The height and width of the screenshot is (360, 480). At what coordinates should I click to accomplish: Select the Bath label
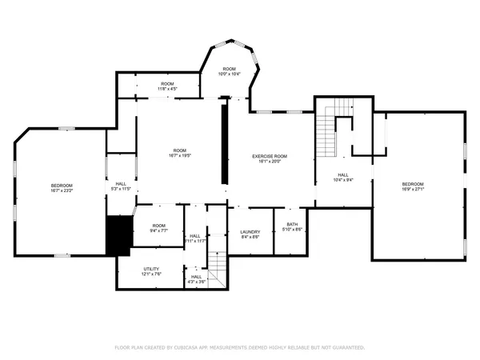(x=292, y=226)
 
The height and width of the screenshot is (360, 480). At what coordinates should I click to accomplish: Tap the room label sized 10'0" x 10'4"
(x=230, y=71)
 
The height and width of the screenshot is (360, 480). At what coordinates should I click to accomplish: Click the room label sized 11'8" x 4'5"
(x=167, y=86)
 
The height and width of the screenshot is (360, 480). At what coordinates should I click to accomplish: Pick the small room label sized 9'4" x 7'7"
(x=159, y=228)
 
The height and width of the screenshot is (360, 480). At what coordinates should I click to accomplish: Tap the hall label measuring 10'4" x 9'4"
(x=342, y=177)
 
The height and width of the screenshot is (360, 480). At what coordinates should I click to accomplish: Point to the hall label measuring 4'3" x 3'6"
(x=197, y=279)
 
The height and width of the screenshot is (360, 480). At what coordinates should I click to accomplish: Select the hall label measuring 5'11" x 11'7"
(x=196, y=238)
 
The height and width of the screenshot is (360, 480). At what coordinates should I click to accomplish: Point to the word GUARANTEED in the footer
(x=349, y=348)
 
